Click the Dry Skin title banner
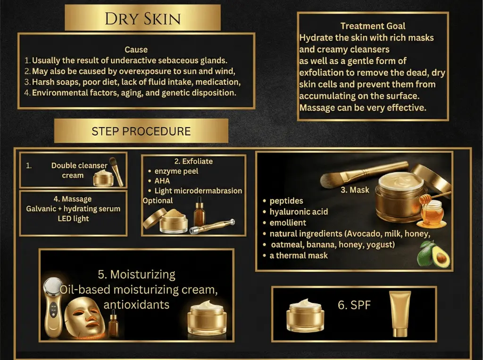point(142,18)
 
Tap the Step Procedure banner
point(141,131)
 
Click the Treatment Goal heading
point(373,26)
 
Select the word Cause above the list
point(136,49)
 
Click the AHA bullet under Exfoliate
point(162,180)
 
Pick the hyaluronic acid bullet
point(299,212)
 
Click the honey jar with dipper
point(432,211)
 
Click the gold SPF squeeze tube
point(400,314)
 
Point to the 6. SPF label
point(354,305)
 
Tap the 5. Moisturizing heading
point(136,274)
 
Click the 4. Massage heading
point(73,199)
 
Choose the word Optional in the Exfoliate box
point(158,201)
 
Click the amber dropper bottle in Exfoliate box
point(200,212)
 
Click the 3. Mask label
point(355,190)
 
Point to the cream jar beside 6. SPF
point(305,315)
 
